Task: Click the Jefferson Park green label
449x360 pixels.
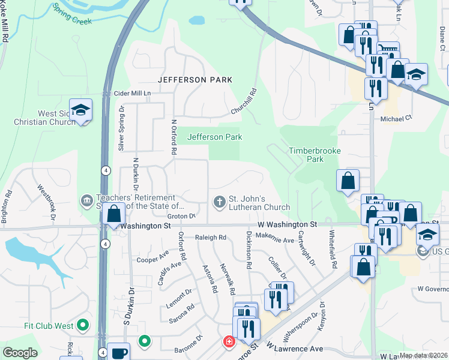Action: (215, 137)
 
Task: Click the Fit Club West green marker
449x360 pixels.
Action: (83, 326)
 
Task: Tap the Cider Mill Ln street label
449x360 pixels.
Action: (132, 94)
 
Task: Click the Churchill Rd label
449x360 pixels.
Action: (245, 102)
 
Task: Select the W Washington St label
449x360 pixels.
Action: (287, 224)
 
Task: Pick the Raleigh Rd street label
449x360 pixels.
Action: (210, 238)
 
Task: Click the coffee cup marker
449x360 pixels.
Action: (119, 352)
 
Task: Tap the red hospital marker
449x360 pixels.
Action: (228, 342)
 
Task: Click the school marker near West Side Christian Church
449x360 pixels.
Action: (80, 110)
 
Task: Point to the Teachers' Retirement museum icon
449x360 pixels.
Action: (86, 199)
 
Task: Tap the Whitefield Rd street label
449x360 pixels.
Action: (333, 248)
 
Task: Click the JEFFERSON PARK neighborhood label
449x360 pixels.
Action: (194, 80)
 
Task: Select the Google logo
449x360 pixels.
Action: (20, 353)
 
